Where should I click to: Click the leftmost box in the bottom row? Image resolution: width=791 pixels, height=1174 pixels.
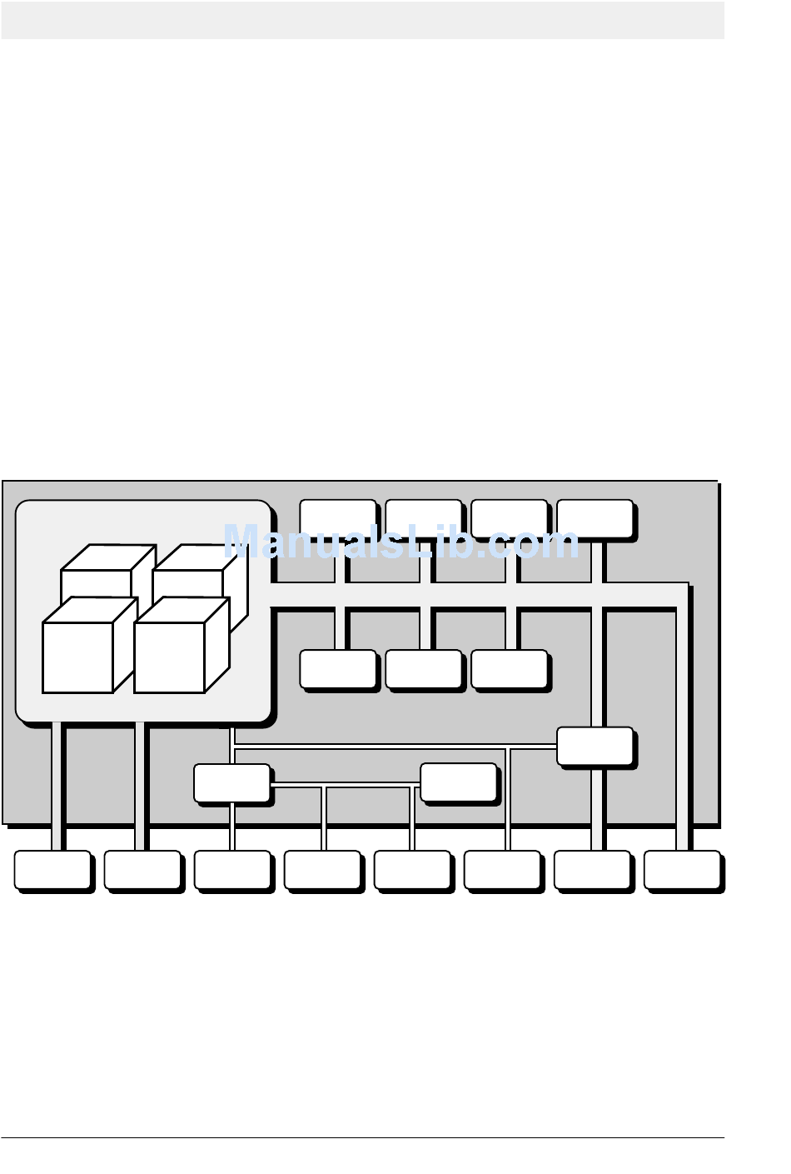52,870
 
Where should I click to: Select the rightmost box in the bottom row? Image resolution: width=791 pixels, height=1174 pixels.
682,870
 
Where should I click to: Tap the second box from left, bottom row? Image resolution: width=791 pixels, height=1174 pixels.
142,870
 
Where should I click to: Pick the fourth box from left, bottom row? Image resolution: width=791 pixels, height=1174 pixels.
322,870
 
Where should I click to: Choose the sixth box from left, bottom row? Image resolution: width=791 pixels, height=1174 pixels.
502,870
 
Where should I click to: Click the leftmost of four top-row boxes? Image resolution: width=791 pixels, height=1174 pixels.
337,518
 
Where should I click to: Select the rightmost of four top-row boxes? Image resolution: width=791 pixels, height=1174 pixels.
594,518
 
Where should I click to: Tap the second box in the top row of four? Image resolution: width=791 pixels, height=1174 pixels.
423,518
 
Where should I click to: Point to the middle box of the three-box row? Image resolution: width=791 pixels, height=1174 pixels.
423,669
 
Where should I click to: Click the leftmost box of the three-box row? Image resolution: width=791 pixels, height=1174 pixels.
337,669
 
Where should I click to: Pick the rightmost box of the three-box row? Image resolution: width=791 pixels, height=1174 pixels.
509,669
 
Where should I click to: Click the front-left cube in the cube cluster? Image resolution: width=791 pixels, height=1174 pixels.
77,657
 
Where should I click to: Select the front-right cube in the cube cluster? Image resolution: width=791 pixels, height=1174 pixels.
169,657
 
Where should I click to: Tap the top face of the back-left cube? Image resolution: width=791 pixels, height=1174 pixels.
108,557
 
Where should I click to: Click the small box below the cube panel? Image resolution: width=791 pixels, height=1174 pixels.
231,783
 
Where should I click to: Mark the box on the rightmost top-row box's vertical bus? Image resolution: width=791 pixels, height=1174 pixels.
594,746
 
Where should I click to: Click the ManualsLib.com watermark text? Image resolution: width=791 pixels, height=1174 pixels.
400,542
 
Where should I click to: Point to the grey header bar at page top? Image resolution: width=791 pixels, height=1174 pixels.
362,20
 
